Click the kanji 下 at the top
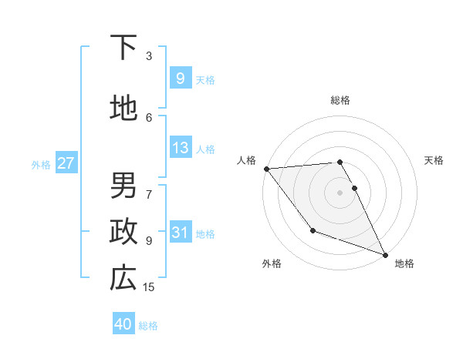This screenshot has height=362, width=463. click(123, 48)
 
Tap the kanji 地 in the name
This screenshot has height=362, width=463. click(123, 109)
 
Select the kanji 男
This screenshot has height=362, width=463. click(123, 185)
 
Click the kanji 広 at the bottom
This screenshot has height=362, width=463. click(123, 278)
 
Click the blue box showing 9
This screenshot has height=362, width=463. click(180, 78)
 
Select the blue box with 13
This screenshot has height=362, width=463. click(180, 148)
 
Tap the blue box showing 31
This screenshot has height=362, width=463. click(180, 233)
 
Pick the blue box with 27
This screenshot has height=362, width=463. click(66, 163)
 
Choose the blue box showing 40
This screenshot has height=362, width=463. click(123, 324)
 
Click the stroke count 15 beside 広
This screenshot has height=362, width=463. click(149, 287)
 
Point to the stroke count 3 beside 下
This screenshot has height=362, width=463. click(149, 55)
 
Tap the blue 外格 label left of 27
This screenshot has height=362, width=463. click(41, 164)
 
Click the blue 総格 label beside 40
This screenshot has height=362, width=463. click(148, 326)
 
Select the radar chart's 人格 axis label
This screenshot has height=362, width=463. click(246, 160)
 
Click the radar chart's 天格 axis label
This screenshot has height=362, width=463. click(434, 160)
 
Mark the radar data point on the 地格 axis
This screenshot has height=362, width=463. click(385, 254)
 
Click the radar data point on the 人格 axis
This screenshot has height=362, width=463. click(266, 169)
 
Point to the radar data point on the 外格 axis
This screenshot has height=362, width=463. click(313, 230)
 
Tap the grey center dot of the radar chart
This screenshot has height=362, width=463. click(340, 193)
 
